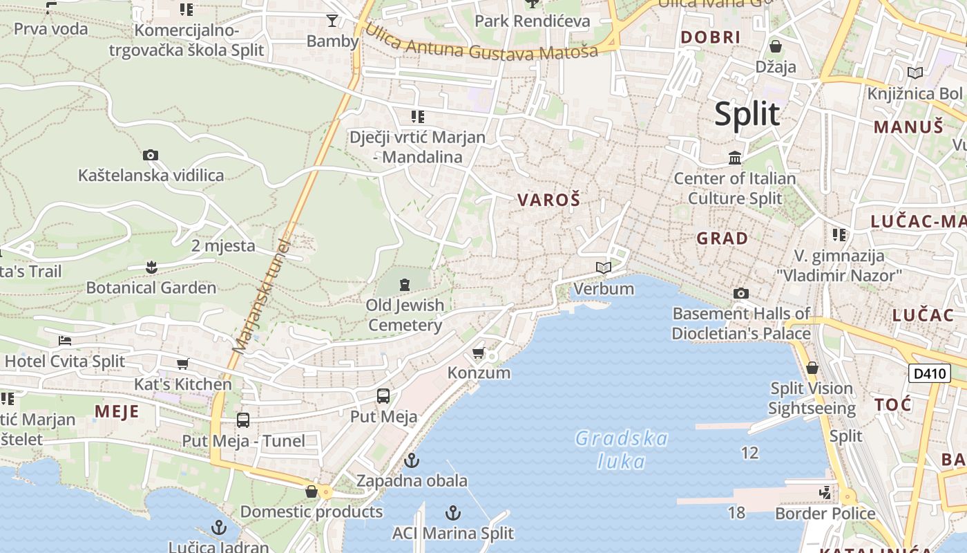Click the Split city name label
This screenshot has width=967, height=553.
747,114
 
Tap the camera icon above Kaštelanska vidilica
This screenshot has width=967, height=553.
150,156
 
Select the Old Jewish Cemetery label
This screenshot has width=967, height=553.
405,315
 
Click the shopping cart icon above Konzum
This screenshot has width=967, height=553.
478,353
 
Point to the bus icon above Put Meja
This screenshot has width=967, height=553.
383,396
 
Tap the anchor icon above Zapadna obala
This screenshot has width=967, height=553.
412,460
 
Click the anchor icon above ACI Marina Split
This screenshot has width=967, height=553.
453,513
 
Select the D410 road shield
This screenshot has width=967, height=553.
929,374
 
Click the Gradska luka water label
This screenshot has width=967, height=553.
622,449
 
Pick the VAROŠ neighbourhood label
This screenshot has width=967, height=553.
549,200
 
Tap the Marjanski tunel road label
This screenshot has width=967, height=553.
260,297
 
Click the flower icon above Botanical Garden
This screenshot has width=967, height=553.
151,267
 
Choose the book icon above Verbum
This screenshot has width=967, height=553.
604,268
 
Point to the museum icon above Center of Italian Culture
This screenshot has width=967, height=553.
735,158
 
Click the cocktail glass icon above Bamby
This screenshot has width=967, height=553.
332,21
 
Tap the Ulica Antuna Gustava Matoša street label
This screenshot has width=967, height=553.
481,43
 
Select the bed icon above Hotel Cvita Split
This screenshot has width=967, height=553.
65,341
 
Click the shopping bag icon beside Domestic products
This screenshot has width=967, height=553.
312,491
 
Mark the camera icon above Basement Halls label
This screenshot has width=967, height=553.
740,294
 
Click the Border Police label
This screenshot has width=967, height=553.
825,514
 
